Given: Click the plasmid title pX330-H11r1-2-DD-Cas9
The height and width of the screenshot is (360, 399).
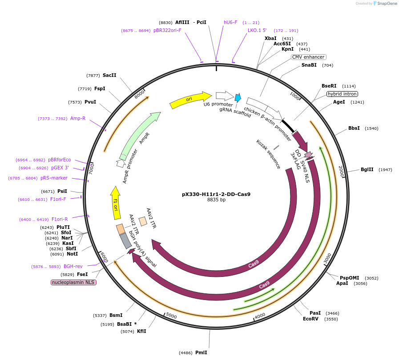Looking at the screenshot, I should [x=216, y=194].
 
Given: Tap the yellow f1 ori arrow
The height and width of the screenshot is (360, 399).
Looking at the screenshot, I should [x=116, y=203].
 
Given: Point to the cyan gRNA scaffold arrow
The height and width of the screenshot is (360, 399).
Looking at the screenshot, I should [x=238, y=98].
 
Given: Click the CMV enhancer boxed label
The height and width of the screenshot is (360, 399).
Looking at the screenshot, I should [x=309, y=57].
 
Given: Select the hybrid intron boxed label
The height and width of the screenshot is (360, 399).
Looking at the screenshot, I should [x=342, y=94].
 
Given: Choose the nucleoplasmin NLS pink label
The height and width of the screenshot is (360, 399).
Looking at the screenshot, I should [x=74, y=282].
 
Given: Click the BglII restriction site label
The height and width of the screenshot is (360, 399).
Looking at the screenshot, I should [x=367, y=169].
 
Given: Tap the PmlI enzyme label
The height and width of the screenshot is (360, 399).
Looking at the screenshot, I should [x=201, y=352].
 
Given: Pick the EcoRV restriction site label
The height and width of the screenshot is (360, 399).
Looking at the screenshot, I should [x=310, y=319].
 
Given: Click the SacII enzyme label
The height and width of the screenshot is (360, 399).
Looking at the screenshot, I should [x=109, y=75].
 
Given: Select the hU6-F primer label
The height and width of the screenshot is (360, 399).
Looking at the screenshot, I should [x=230, y=22].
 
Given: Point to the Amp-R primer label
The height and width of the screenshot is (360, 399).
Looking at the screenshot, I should [x=78, y=118].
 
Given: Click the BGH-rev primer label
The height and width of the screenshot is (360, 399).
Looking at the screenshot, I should [x=73, y=266].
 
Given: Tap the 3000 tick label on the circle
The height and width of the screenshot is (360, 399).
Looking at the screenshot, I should [x=327, y=258].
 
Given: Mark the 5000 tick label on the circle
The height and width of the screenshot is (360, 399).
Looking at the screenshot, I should [x=171, y=316].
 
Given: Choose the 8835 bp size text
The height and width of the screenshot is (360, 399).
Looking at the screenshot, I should [x=216, y=200].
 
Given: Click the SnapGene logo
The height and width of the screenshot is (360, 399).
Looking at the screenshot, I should [x=384, y=3].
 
